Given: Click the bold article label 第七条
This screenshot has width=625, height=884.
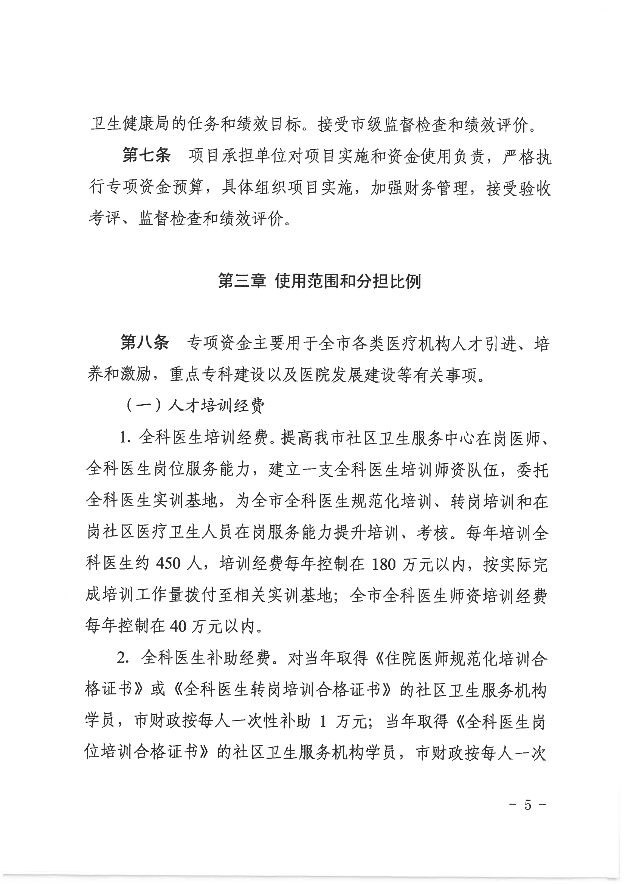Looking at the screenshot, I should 146,156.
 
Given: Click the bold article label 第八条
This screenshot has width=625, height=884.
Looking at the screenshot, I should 145,342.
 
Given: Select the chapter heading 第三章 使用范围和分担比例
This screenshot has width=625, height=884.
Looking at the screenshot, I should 319,282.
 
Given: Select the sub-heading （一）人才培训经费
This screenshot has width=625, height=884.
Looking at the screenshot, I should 195,406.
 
